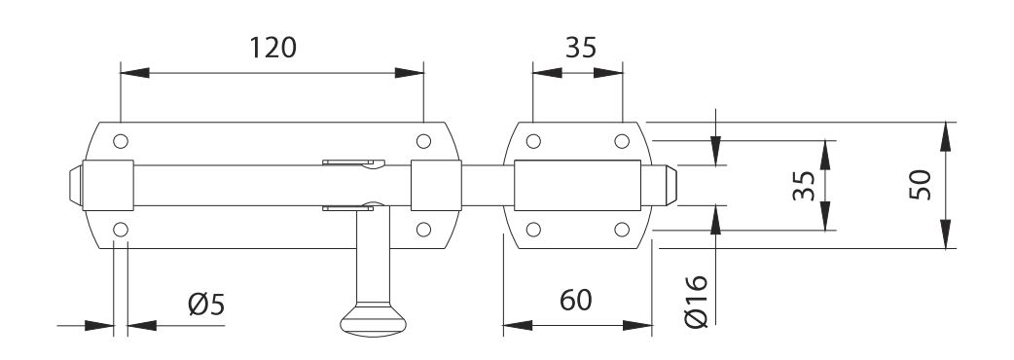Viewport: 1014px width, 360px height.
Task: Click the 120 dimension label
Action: point(272,48)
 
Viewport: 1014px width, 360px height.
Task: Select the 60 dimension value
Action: point(575,301)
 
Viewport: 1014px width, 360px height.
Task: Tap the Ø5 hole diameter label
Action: point(206,305)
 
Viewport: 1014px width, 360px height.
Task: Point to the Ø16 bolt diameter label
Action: point(696,302)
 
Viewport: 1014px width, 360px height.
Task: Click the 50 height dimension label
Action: point(920,185)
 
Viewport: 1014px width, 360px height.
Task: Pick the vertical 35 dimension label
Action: point(804,186)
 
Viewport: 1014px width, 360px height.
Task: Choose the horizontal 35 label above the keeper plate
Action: point(581,48)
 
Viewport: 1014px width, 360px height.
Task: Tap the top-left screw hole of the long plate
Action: point(121,141)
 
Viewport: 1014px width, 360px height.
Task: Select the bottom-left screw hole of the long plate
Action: point(121,230)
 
